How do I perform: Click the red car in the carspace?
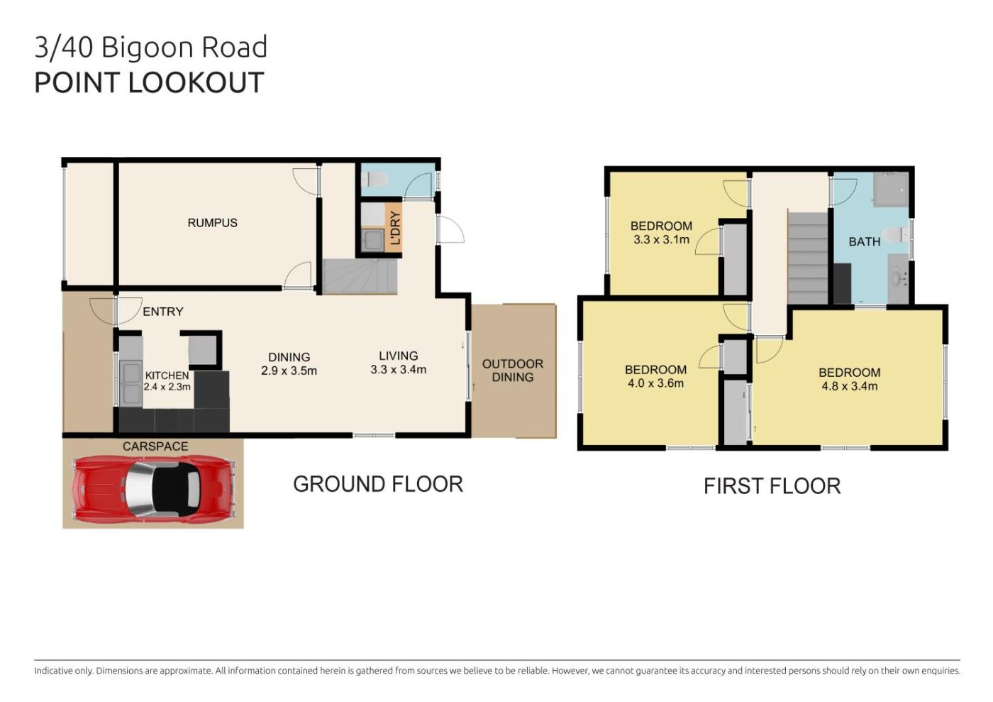pyautogui.click(x=153, y=490)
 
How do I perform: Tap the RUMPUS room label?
pyautogui.click(x=212, y=223)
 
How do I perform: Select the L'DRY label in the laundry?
pyautogui.click(x=394, y=228)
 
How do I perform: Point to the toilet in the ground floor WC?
pyautogui.click(x=375, y=180)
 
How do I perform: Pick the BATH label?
pyautogui.click(x=865, y=242)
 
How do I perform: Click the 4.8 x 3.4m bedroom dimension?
pyautogui.click(x=850, y=386)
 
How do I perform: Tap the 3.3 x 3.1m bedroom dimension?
pyautogui.click(x=661, y=240)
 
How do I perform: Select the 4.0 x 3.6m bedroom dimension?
pyautogui.click(x=655, y=383)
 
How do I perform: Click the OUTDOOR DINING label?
pyautogui.click(x=512, y=371)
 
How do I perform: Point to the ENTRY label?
pyautogui.click(x=162, y=312)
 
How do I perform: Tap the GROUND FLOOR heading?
pyautogui.click(x=377, y=484)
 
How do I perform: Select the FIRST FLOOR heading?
pyautogui.click(x=772, y=486)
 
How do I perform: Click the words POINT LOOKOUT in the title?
pyautogui.click(x=149, y=82)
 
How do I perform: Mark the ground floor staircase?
pyautogui.click(x=360, y=276)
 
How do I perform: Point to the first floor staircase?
pyautogui.click(x=808, y=258)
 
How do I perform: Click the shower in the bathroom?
pyautogui.click(x=891, y=189)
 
